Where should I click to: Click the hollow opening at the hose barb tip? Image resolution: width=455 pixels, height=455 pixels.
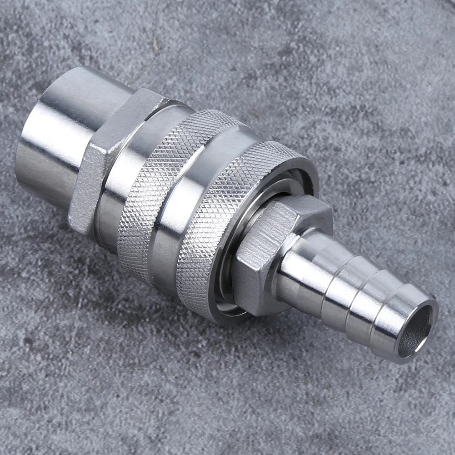pyautogui.click(x=415, y=331)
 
